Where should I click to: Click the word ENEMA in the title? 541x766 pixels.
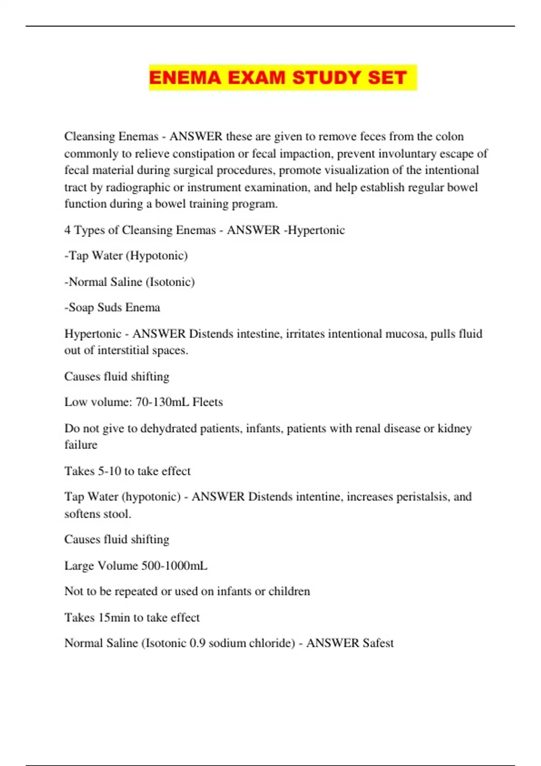coord(185,78)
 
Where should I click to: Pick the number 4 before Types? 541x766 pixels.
coord(67,230)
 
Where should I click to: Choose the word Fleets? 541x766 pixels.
coord(208,402)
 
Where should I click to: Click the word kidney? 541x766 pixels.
coord(455,428)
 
